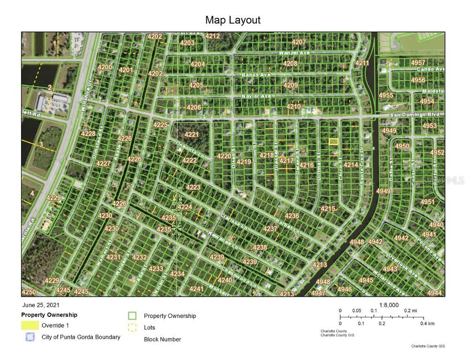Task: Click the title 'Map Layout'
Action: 233,20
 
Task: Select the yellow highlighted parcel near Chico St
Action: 333,141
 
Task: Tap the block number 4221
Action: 191,135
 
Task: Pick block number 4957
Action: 418,63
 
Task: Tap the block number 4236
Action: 292,216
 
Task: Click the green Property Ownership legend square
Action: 132,316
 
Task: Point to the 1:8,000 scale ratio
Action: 389,305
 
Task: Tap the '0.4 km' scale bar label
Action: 427,323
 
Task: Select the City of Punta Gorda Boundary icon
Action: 30,337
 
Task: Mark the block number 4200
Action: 105,67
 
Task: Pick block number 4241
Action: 196,289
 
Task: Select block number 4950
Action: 402,146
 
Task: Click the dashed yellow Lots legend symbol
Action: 132,328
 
